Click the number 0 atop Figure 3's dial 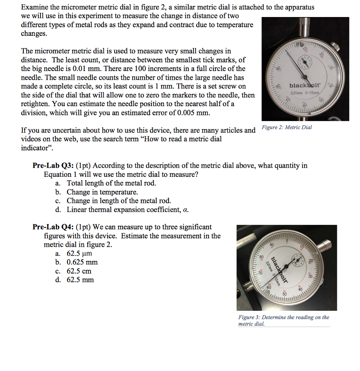(x=286, y=241)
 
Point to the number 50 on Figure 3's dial (x=284, y=294)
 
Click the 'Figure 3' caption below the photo (x=284, y=320)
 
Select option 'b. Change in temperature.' (x=97, y=192)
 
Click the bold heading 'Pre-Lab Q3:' (x=53, y=166)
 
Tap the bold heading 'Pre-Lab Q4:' (x=53, y=227)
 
